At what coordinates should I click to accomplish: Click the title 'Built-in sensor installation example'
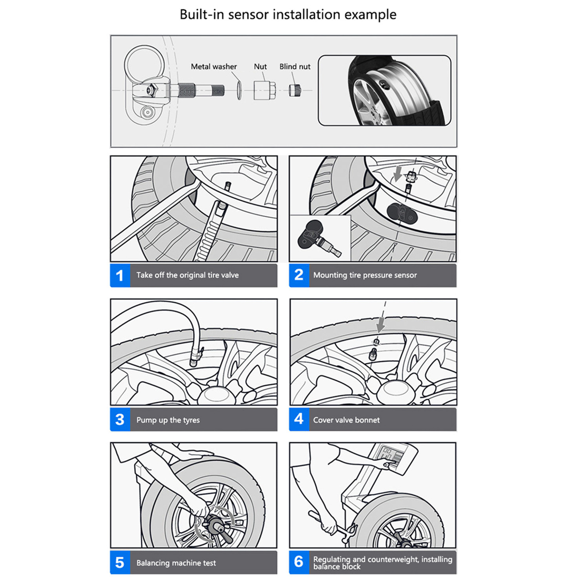pyautogui.click(x=288, y=15)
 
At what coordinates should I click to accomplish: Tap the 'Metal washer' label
pyautogui.click(x=214, y=67)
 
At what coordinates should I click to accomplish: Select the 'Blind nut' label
pyautogui.click(x=294, y=67)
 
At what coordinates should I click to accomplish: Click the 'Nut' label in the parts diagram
pyautogui.click(x=260, y=67)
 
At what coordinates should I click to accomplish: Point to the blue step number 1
pyautogui.click(x=120, y=275)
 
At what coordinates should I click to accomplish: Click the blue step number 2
pyautogui.click(x=299, y=275)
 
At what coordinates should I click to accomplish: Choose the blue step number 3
pyautogui.click(x=120, y=420)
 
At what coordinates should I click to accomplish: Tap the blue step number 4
pyautogui.click(x=299, y=419)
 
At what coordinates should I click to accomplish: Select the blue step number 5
pyautogui.click(x=120, y=563)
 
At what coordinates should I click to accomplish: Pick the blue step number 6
pyautogui.click(x=299, y=562)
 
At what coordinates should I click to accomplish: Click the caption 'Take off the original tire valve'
pyautogui.click(x=188, y=275)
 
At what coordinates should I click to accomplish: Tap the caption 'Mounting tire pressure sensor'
pyautogui.click(x=365, y=275)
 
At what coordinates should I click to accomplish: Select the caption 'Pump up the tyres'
pyautogui.click(x=168, y=420)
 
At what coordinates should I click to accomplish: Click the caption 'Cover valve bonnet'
pyautogui.click(x=346, y=420)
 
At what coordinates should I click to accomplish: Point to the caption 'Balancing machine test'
pyautogui.click(x=176, y=563)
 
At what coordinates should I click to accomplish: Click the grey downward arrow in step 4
pyautogui.click(x=382, y=323)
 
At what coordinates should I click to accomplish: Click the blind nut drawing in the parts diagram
pyautogui.click(x=294, y=90)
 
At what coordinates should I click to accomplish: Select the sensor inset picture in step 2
pyautogui.click(x=320, y=239)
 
